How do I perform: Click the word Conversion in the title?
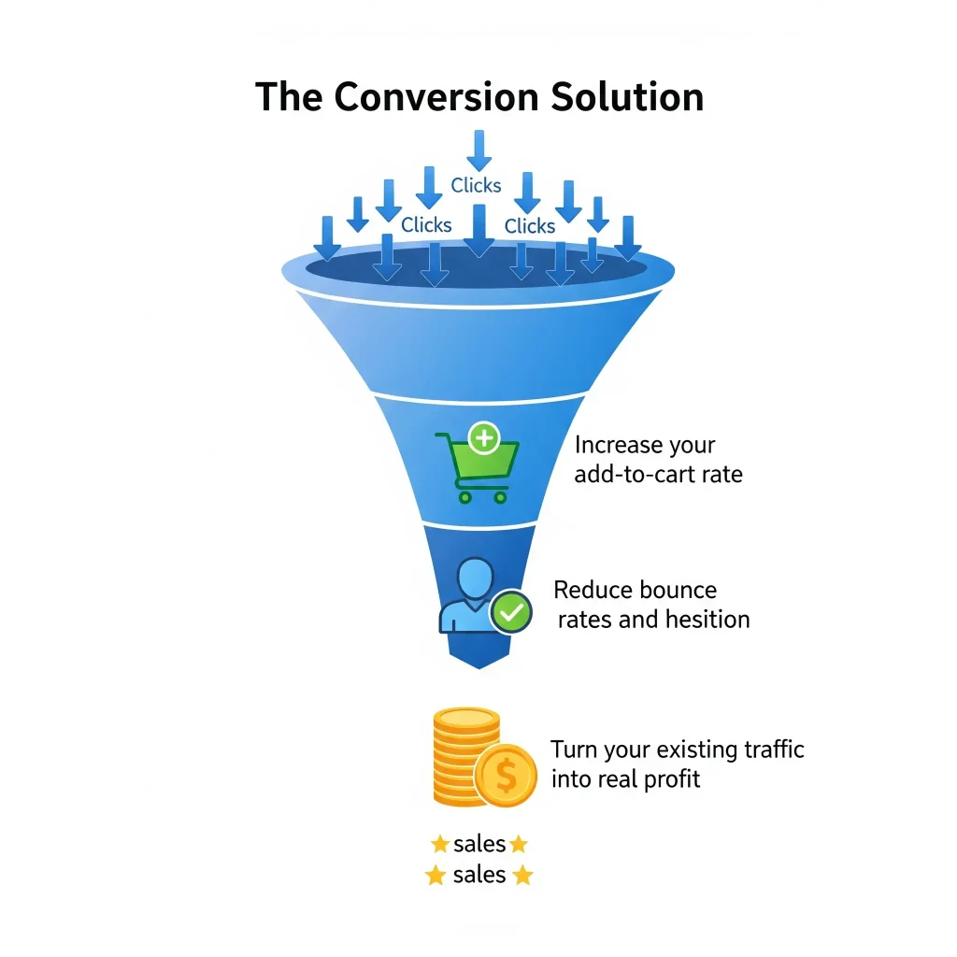point(436,97)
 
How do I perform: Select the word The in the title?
point(290,97)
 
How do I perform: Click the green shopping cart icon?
point(475,467)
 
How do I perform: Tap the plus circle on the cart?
point(484,436)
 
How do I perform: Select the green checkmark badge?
point(511,612)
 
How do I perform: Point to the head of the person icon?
point(476,578)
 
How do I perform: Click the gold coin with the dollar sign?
point(506,775)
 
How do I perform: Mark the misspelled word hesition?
point(707,619)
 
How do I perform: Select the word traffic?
point(768,750)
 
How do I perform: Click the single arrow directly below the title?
point(478,150)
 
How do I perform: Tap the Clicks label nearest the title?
point(476,185)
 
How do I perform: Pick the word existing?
point(692,750)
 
